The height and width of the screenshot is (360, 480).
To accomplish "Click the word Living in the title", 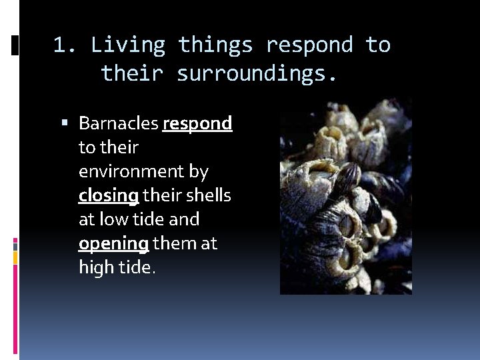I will click(x=128, y=45).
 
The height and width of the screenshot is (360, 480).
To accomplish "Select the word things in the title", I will click(x=215, y=45).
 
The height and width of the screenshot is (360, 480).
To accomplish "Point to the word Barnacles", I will click(x=118, y=123).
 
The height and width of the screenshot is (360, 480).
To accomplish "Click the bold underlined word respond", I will click(x=197, y=123).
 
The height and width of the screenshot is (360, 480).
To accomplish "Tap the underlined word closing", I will click(x=109, y=195).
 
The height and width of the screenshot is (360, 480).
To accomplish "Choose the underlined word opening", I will click(x=113, y=243).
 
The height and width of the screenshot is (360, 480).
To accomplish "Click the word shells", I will click(x=209, y=195).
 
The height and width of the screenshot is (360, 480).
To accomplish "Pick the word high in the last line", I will click(x=94, y=267).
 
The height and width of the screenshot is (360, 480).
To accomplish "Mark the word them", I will click(x=175, y=243).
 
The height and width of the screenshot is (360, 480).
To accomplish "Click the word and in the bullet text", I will click(x=185, y=219).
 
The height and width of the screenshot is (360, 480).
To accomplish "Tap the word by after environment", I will click(x=199, y=172).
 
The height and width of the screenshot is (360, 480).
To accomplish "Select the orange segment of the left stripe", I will click(x=15, y=255).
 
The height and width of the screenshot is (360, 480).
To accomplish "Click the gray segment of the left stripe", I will click(x=15, y=246).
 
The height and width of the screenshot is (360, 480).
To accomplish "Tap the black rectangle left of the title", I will click(x=15, y=46).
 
